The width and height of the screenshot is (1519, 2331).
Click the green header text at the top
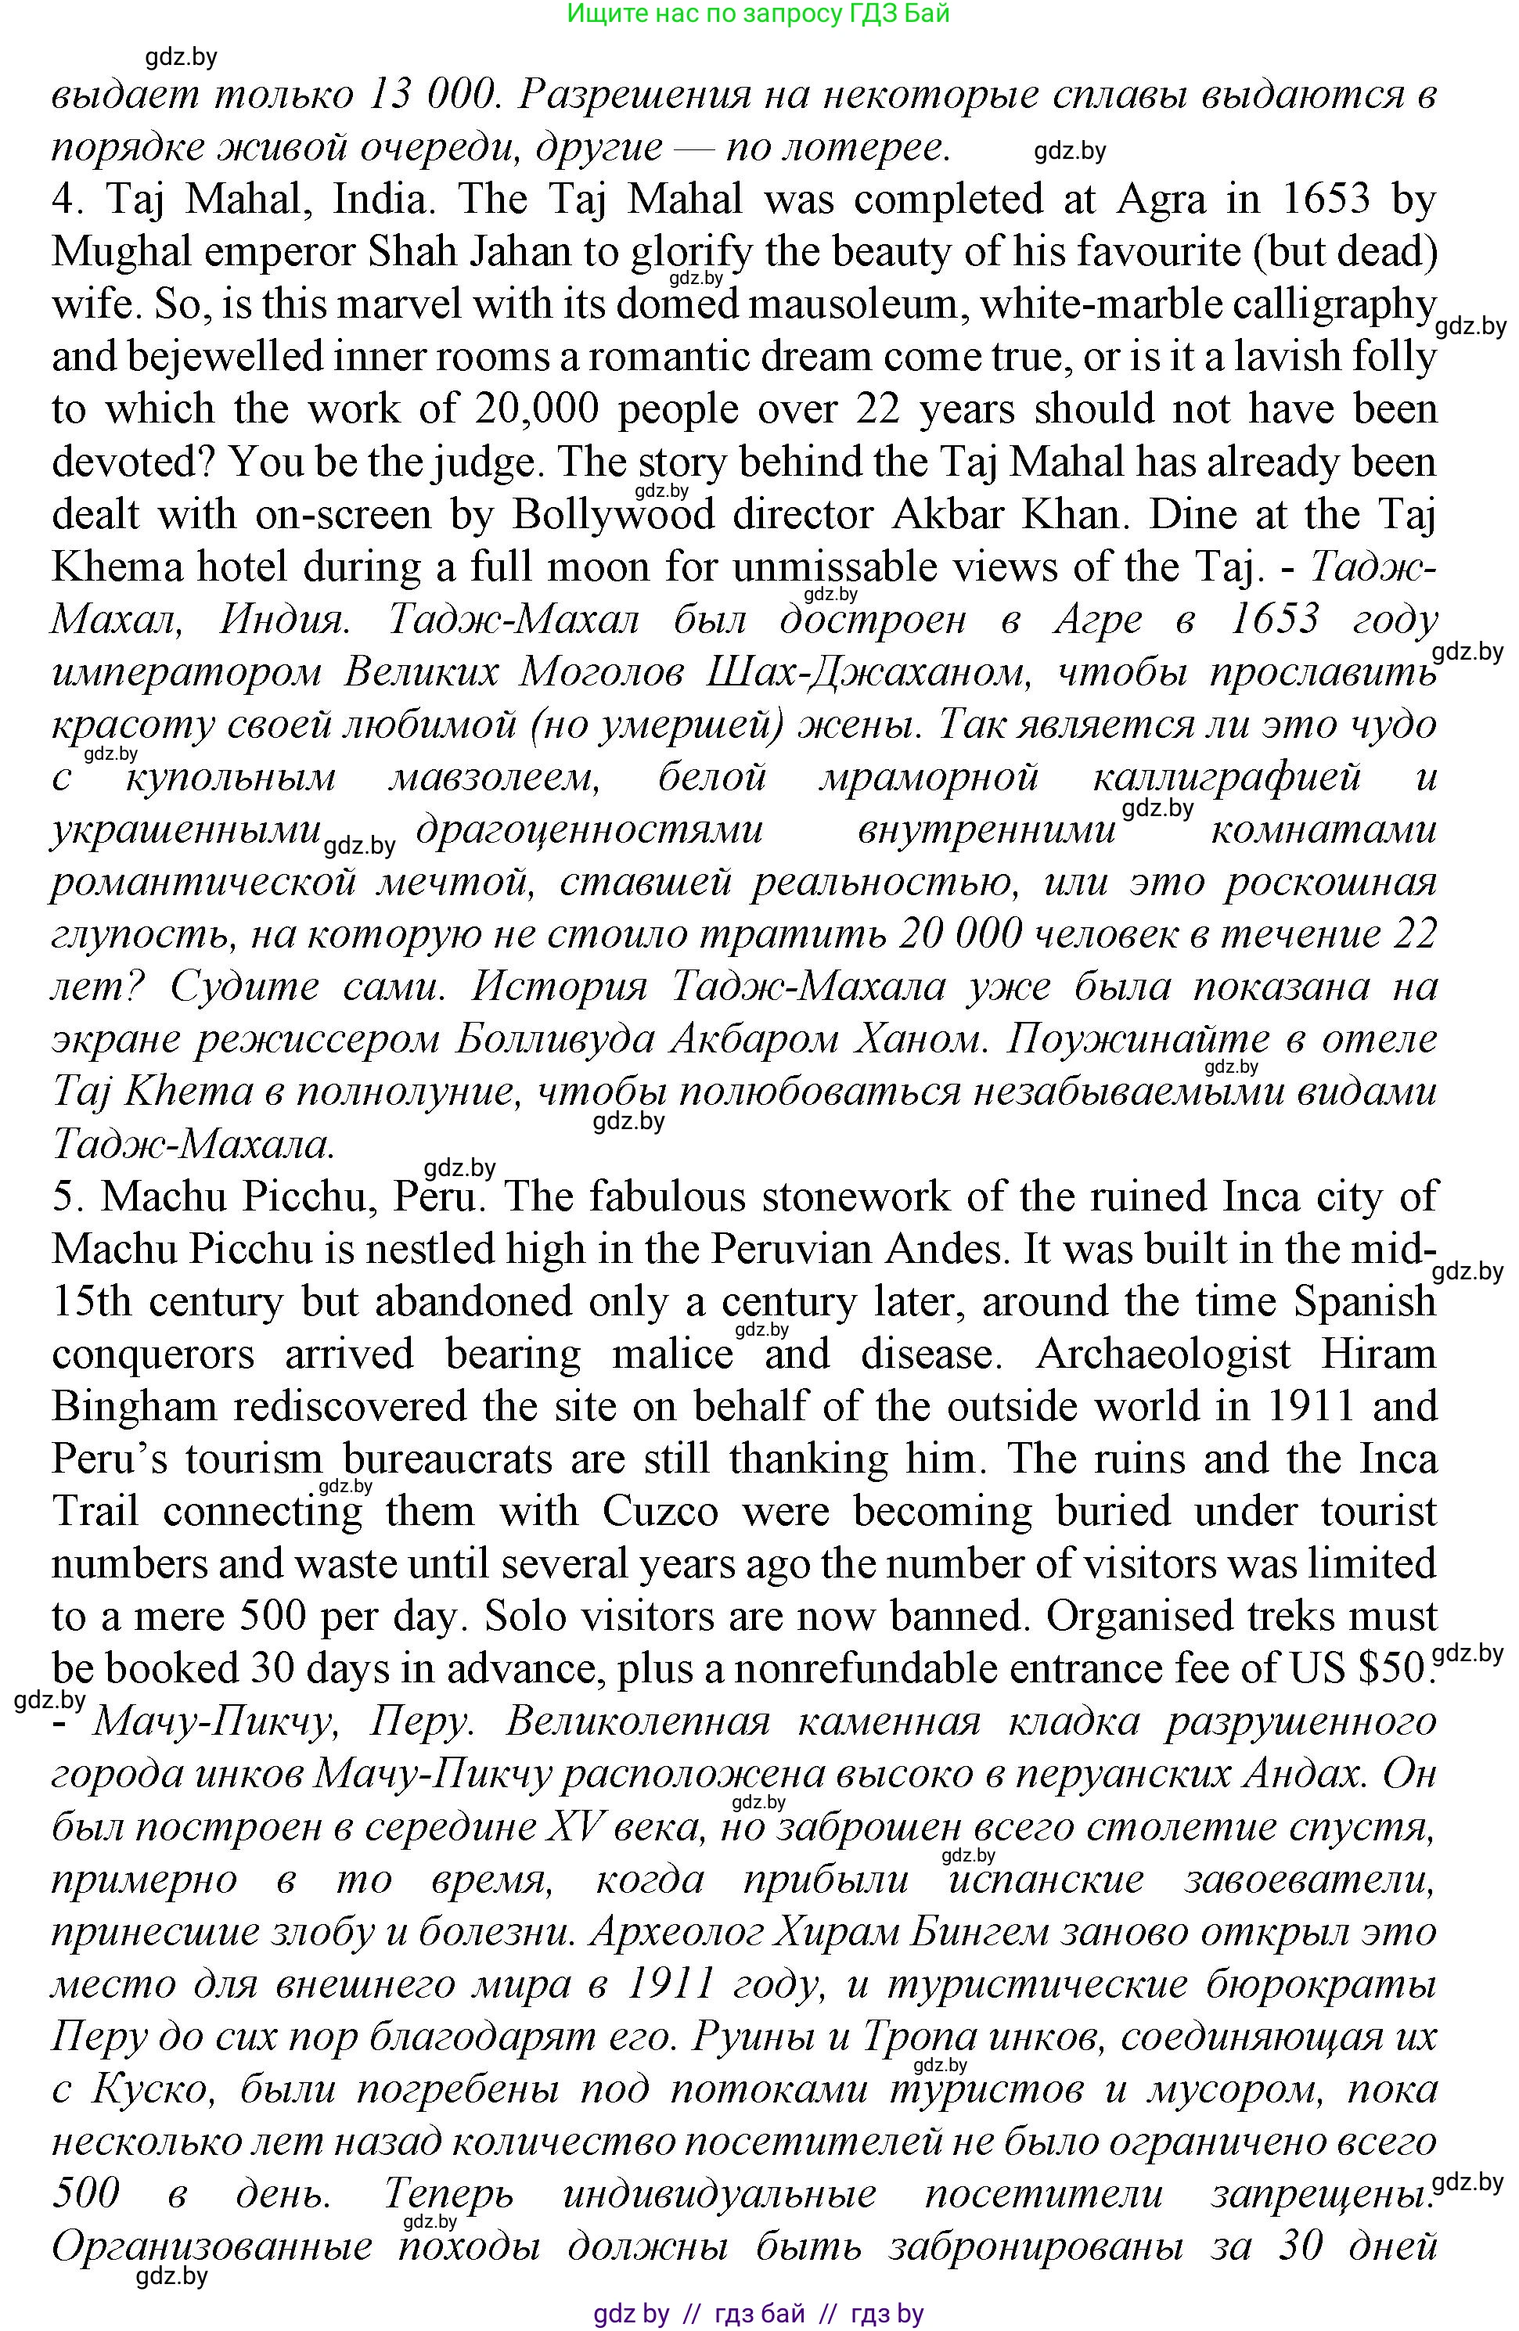758,14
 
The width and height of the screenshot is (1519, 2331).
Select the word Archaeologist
1162,1354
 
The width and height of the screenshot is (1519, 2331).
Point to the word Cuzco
660,1511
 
